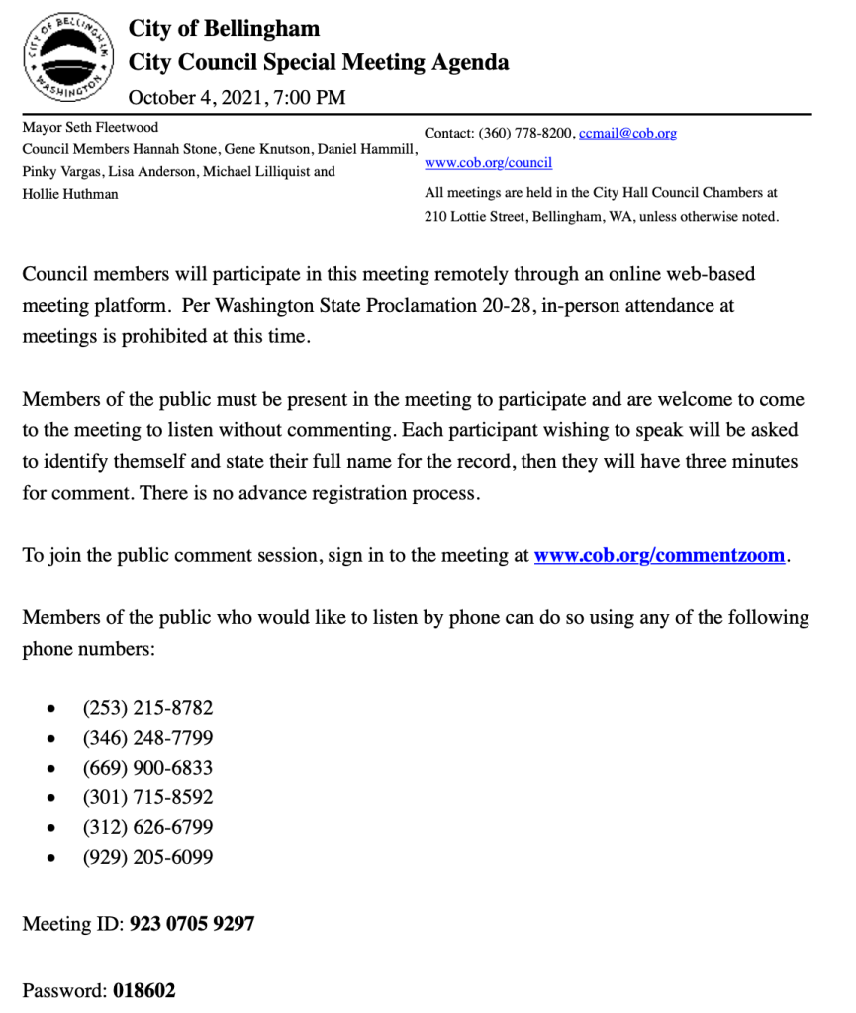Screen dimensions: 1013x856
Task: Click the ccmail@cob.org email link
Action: point(627,134)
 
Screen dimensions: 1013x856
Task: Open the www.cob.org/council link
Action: point(488,163)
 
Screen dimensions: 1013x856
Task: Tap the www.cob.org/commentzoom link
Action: point(659,555)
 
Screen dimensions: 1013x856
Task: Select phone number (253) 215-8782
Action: point(147,708)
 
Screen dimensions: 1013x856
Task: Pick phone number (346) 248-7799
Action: point(147,738)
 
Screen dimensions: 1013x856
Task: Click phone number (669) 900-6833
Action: point(147,768)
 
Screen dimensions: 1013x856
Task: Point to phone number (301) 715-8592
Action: point(147,797)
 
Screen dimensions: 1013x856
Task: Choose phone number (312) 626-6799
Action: point(147,827)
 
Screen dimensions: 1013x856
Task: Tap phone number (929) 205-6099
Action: point(147,857)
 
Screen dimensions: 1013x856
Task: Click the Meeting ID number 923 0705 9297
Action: point(191,924)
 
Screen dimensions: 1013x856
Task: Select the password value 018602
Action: point(144,990)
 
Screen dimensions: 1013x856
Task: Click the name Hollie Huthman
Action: point(70,194)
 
